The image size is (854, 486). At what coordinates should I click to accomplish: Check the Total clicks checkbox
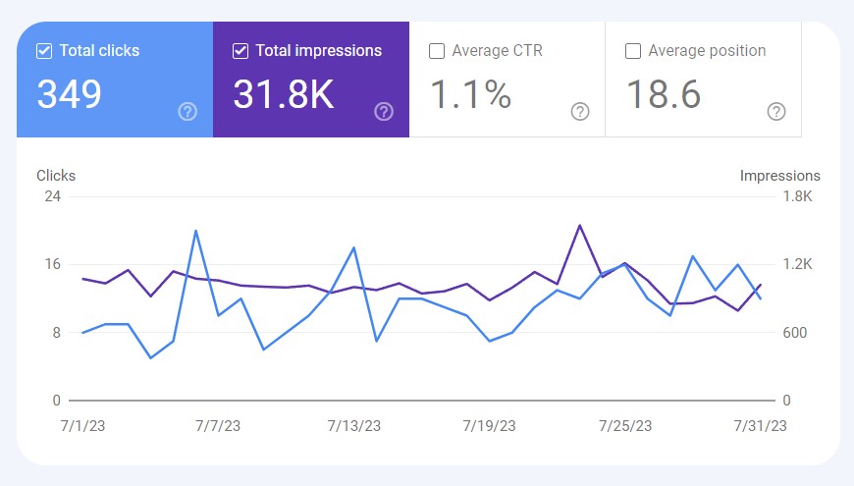click(x=44, y=51)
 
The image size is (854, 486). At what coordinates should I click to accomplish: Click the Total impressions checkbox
click(x=240, y=51)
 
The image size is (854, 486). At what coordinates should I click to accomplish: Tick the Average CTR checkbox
click(x=437, y=51)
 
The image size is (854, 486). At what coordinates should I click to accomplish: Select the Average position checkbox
click(x=633, y=51)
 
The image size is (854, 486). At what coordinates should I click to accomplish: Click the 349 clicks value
click(x=70, y=95)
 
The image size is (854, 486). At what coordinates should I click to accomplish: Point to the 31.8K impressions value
click(x=284, y=95)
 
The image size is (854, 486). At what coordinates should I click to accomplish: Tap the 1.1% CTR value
click(x=471, y=95)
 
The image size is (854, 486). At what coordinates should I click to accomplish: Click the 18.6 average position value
click(x=664, y=95)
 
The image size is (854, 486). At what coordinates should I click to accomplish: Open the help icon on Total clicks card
click(x=187, y=112)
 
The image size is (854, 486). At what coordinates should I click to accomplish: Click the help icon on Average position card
click(x=776, y=112)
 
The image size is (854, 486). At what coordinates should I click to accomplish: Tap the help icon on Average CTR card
click(x=580, y=112)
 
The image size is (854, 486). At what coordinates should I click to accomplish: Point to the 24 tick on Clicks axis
click(x=52, y=196)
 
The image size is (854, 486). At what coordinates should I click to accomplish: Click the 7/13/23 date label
click(x=354, y=426)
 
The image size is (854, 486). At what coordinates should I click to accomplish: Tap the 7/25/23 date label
click(x=625, y=426)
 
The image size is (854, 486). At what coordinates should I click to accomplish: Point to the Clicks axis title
click(x=56, y=176)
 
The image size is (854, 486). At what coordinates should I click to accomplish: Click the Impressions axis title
click(x=779, y=176)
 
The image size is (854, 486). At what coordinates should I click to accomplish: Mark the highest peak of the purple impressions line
click(x=579, y=226)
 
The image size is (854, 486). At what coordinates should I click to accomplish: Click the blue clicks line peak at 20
click(x=196, y=231)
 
